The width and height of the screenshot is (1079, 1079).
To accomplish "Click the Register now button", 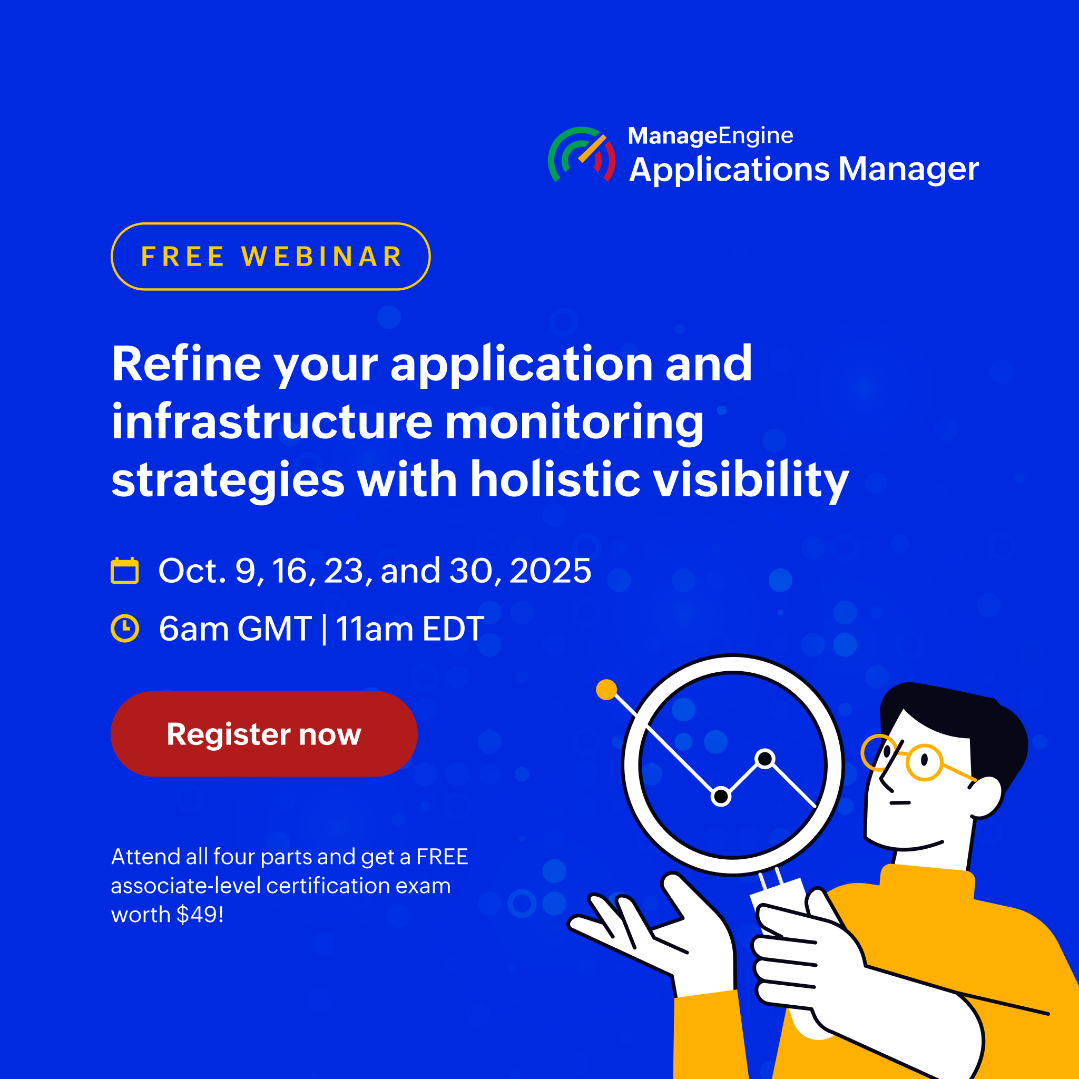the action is coord(263,734).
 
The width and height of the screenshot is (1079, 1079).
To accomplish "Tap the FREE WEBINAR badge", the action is coord(270,257).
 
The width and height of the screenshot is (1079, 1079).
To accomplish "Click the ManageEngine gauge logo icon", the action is coord(582,155).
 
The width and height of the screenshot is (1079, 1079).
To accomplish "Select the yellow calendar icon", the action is coord(124,570).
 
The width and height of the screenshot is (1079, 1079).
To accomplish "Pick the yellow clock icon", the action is coord(124,629).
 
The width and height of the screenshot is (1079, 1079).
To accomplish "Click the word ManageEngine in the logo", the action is coord(710,136).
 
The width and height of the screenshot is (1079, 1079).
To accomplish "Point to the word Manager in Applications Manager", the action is coord(908,169).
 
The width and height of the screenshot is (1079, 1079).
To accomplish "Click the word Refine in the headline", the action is coord(187,364).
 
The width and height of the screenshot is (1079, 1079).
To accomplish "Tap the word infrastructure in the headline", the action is coord(272,421).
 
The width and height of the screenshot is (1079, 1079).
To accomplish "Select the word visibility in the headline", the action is coord(751,480).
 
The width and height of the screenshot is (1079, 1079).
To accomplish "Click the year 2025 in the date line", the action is coord(550,570).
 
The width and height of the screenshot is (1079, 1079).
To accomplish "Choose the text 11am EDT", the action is coord(410,629).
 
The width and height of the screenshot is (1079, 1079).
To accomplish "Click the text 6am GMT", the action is coord(235,629).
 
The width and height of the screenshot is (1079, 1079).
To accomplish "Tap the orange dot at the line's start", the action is coord(606,689).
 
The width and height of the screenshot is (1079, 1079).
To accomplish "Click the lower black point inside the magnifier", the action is coord(721,797).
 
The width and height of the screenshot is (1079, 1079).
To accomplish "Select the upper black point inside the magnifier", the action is coord(764,759).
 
